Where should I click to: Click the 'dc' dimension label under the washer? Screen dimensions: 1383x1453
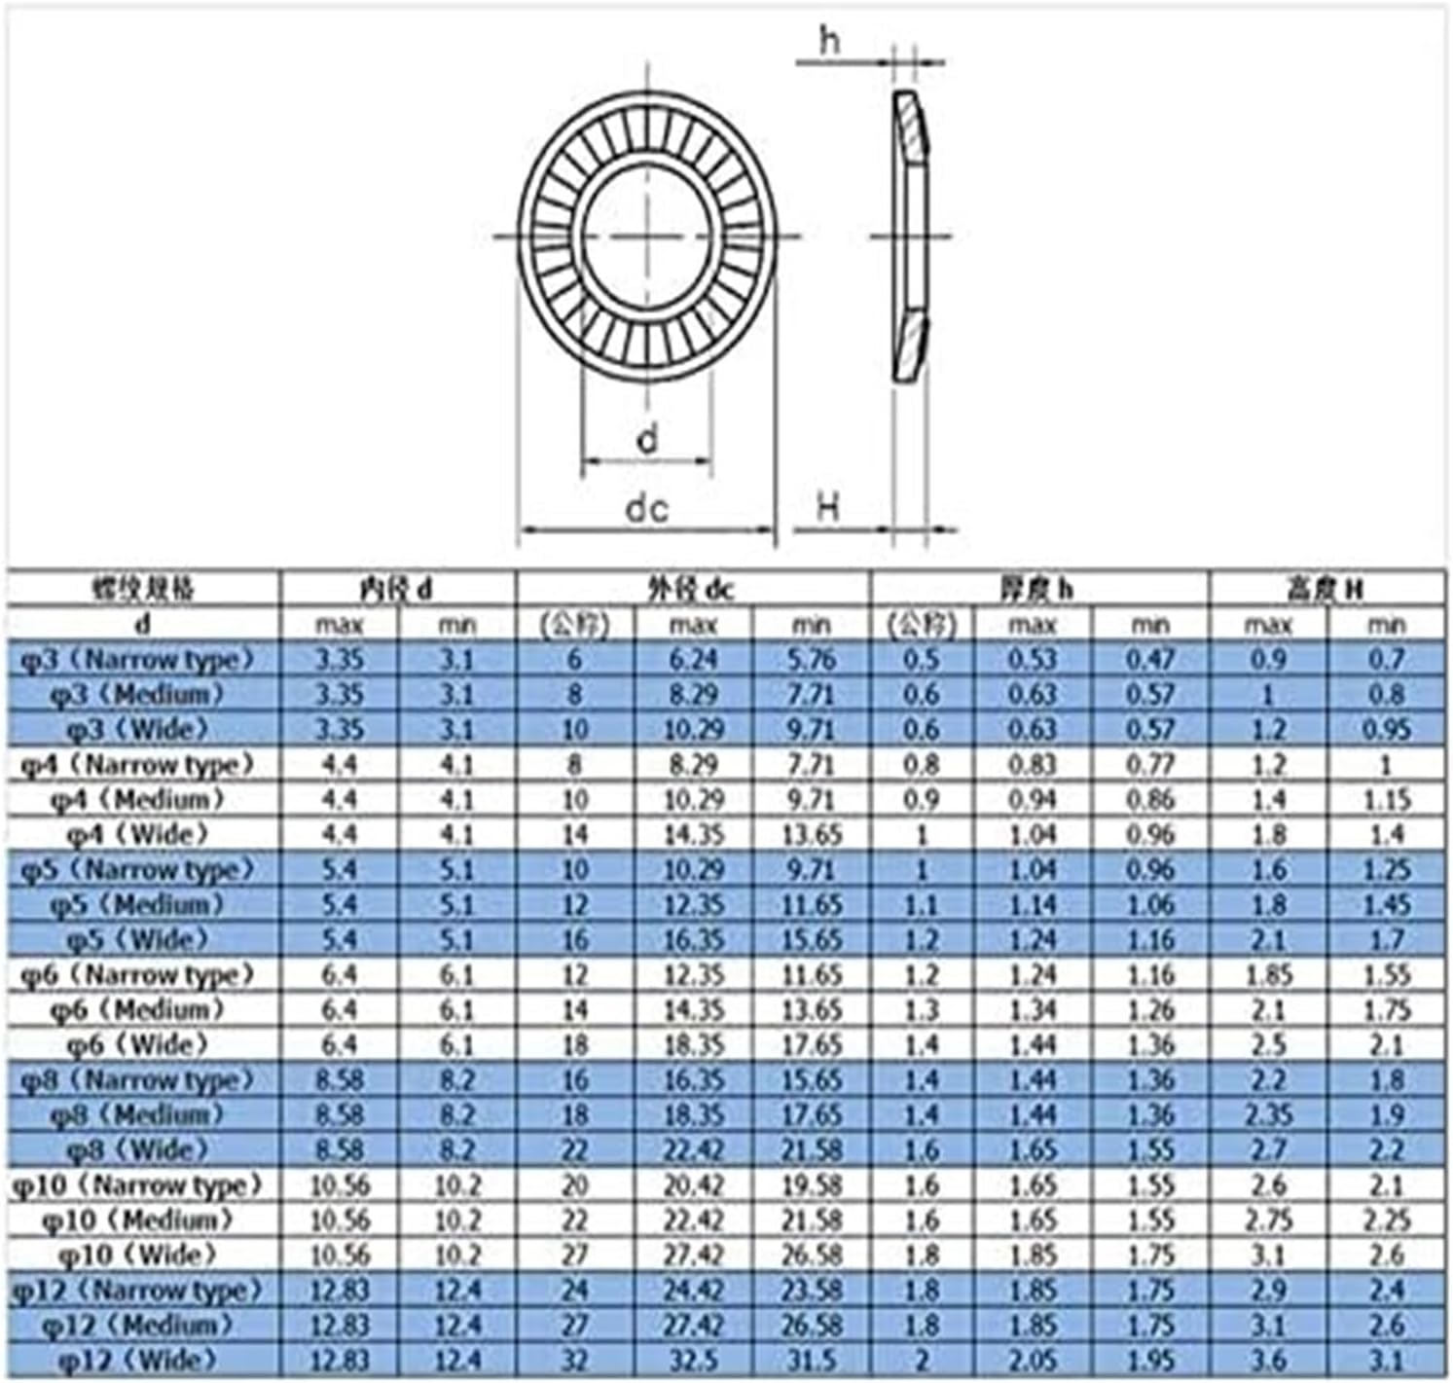click(x=646, y=507)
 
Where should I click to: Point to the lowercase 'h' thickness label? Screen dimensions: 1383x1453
click(x=829, y=40)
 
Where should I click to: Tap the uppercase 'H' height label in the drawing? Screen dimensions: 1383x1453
click(x=827, y=506)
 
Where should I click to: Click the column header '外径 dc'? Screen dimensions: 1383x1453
click(x=691, y=589)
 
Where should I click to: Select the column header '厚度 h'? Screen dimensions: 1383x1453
click(x=1037, y=589)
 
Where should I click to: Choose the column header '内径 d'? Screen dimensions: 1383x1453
click(x=397, y=589)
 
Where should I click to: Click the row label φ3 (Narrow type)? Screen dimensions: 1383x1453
click(x=138, y=660)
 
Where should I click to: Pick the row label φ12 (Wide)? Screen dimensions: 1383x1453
click(x=138, y=1361)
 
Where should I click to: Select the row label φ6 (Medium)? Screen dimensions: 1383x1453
click(x=138, y=1010)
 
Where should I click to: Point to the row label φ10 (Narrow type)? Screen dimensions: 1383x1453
click(x=138, y=1185)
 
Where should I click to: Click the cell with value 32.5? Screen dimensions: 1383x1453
click(x=693, y=1361)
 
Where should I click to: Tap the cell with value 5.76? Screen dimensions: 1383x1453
click(x=811, y=660)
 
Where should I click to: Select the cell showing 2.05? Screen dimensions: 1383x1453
click(x=1032, y=1361)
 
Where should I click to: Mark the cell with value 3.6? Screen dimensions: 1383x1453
click(x=1268, y=1361)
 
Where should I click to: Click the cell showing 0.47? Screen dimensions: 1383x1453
click(x=1150, y=660)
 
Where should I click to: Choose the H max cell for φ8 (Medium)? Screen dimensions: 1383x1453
click(x=1268, y=1115)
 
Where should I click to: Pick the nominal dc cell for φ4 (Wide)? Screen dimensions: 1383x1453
click(x=575, y=835)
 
